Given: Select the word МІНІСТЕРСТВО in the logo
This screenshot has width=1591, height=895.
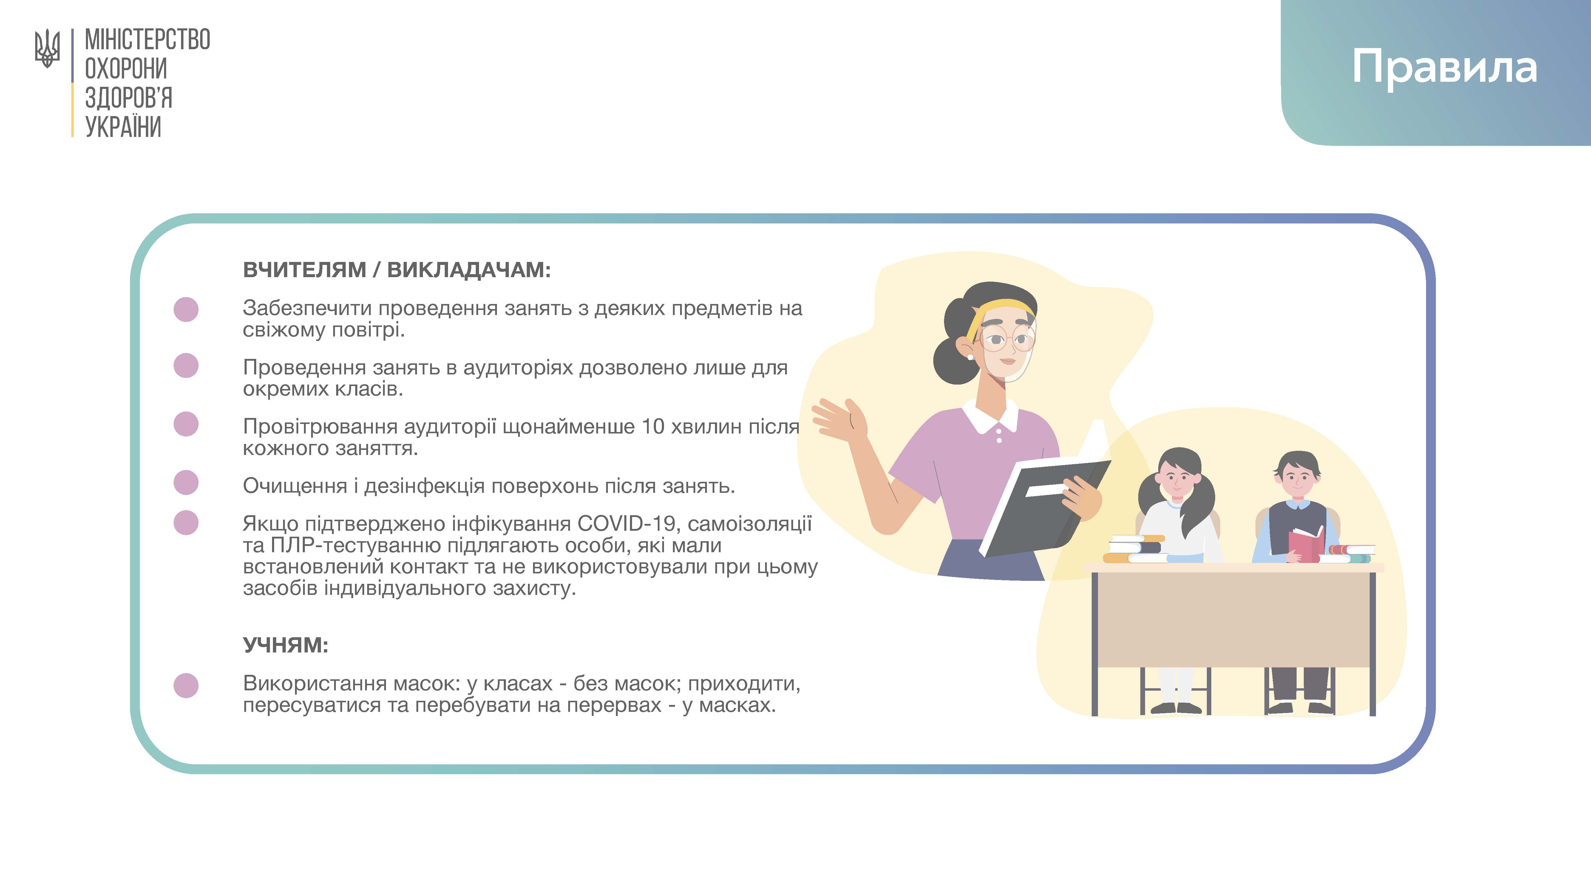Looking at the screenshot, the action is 148,40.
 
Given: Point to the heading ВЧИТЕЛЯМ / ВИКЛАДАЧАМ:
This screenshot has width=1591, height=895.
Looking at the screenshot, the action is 396,270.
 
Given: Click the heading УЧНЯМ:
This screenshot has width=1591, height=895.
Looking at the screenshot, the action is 285,645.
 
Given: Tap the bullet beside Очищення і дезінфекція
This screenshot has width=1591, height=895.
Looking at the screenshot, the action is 186,482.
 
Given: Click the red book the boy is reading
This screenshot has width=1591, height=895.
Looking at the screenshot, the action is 1305,544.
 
